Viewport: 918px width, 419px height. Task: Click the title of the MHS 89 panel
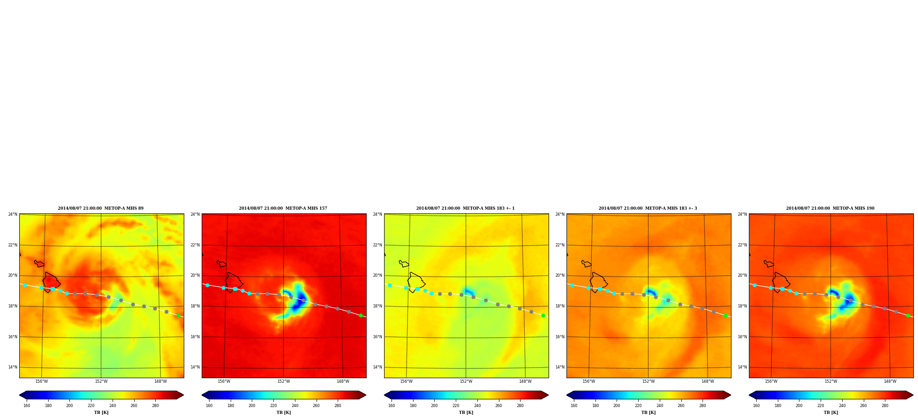[101, 208]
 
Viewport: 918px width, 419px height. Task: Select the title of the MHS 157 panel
[283, 208]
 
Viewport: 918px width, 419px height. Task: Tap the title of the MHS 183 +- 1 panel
[465, 208]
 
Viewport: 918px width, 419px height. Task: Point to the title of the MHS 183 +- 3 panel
[648, 208]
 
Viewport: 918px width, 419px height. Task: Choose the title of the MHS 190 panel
[830, 208]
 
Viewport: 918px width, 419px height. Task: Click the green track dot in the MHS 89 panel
[178, 315]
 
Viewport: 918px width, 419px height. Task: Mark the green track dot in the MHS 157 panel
[361, 315]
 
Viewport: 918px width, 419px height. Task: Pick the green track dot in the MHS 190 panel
[908, 315]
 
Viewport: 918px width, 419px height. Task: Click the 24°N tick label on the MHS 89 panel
[12, 214]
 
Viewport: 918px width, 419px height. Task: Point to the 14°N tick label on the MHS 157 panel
[195, 367]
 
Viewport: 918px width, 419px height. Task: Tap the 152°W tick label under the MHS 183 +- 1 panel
[466, 381]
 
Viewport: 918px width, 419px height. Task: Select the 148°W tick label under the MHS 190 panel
[890, 381]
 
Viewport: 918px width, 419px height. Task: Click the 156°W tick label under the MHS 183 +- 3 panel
[589, 381]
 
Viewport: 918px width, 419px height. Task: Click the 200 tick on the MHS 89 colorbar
[69, 406]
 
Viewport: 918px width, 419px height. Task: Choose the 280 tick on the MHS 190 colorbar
[885, 406]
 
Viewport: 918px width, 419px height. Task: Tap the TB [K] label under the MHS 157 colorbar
[283, 413]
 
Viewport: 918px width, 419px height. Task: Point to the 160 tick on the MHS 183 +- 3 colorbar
[574, 406]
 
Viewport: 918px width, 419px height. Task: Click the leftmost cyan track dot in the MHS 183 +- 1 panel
[390, 285]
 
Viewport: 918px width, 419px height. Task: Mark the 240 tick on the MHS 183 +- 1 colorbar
[477, 406]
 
